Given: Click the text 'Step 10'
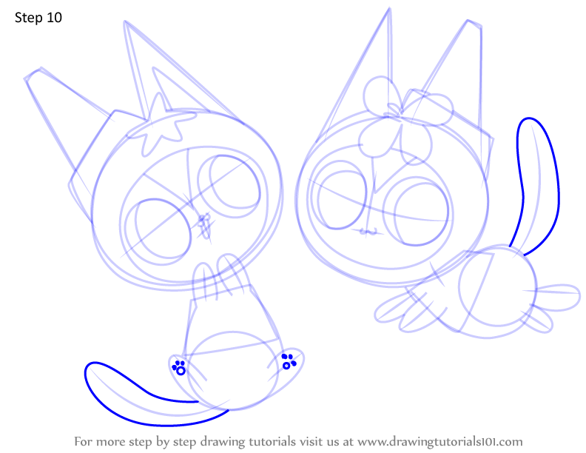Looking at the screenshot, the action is [x=38, y=18].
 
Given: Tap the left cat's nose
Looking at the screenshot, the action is [x=204, y=225].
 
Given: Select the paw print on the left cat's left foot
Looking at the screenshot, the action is [x=179, y=367].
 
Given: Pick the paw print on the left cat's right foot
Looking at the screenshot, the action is [x=289, y=361].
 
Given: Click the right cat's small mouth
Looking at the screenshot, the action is [x=369, y=232].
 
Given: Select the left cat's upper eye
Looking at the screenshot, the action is [x=229, y=187].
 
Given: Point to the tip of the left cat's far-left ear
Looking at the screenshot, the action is [x=25, y=78].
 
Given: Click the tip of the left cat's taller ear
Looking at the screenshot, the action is [x=124, y=21].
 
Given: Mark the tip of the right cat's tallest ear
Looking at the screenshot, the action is [x=389, y=8].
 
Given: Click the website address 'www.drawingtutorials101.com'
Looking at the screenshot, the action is [x=440, y=442].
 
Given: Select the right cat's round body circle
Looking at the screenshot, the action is [x=498, y=289].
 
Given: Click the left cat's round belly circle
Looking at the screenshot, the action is [x=232, y=370].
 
